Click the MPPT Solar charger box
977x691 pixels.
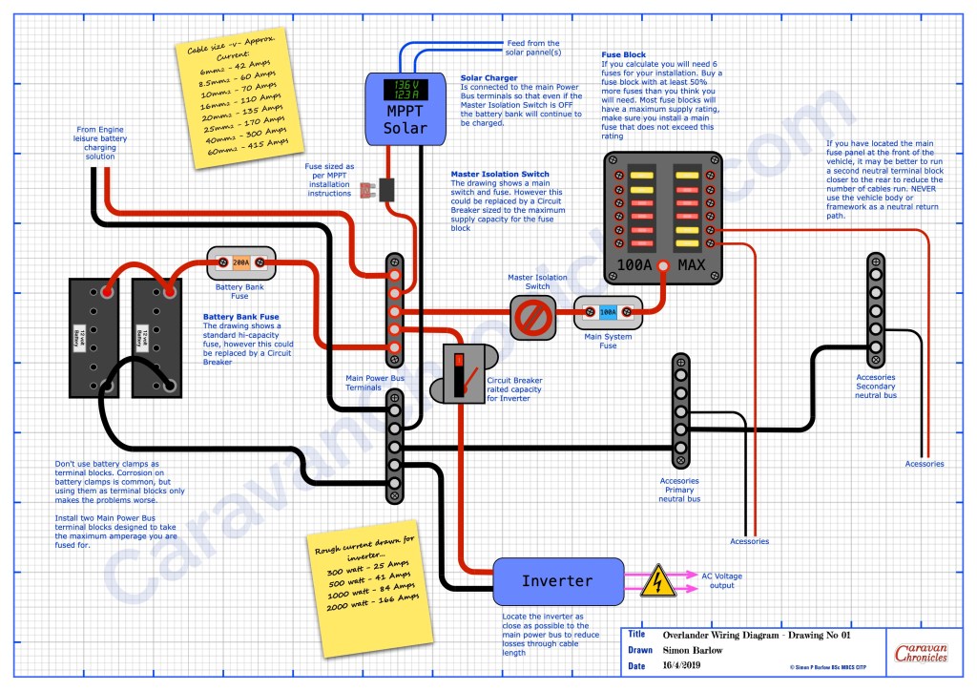[406, 109]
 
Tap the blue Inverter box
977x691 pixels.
[557, 580]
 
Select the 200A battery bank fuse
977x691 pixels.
[241, 262]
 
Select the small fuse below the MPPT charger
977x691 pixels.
[387, 189]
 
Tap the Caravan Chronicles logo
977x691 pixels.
[921, 654]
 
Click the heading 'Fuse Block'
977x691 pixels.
[624, 55]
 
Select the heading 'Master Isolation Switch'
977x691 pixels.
[499, 174]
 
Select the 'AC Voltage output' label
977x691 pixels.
[721, 581]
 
